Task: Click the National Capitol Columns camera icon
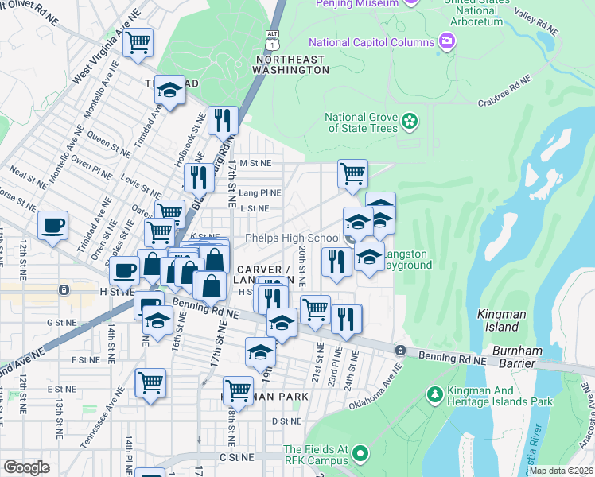click(447, 41)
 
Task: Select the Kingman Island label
click(501, 315)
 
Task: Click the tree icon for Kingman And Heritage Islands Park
click(434, 394)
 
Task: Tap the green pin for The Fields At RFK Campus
click(360, 454)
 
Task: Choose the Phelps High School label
click(293, 238)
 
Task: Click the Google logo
click(26, 467)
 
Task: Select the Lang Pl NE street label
click(259, 192)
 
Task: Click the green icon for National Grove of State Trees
click(409, 122)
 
